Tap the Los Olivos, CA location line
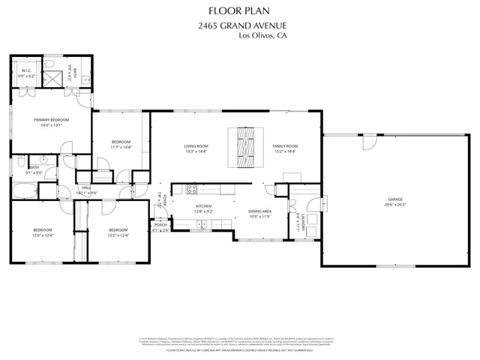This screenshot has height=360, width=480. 262,36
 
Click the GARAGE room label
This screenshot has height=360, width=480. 394,199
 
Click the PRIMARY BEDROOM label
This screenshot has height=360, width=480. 51,120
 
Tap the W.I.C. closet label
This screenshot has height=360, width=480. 25,71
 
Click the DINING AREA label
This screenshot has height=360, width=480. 259,211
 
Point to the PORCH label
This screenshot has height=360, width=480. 160,224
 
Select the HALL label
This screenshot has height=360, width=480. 86,187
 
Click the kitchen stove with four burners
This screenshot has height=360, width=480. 191,189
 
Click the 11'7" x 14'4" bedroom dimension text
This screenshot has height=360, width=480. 121,148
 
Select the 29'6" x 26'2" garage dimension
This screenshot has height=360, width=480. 394,205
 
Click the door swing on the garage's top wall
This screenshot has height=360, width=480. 369,141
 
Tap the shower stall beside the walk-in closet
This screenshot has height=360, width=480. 53,77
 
